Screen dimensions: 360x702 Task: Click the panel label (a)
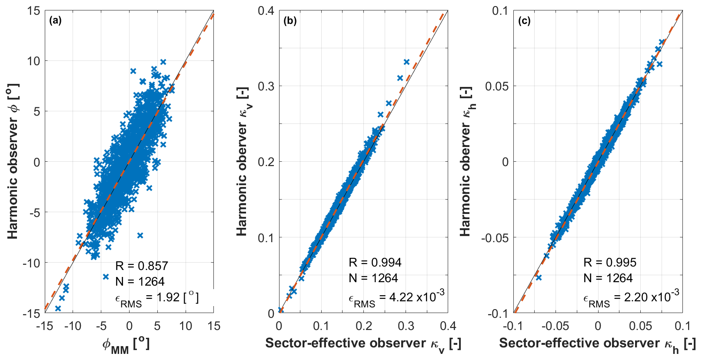(x=55, y=20)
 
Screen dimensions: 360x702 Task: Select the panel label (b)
(x=290, y=20)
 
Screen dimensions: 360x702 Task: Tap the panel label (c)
(x=524, y=20)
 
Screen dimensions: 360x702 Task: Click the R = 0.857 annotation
(x=141, y=266)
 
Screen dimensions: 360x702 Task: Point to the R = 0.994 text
(x=375, y=262)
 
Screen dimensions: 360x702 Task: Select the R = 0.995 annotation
(x=609, y=262)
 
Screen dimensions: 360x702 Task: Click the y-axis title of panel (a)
(x=13, y=161)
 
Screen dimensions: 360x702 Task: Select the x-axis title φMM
(x=126, y=345)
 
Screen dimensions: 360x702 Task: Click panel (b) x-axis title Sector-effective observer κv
(x=363, y=344)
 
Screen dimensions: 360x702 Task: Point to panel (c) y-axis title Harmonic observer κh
(x=466, y=161)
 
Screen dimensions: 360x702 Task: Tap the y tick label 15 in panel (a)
(x=33, y=10)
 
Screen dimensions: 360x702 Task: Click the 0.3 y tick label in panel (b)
(x=266, y=86)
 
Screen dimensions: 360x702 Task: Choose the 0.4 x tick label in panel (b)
(x=448, y=326)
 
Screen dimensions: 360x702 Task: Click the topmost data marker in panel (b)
(x=406, y=62)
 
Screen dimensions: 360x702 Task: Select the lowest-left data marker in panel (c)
(x=539, y=277)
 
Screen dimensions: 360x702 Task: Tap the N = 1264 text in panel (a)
(x=140, y=282)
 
